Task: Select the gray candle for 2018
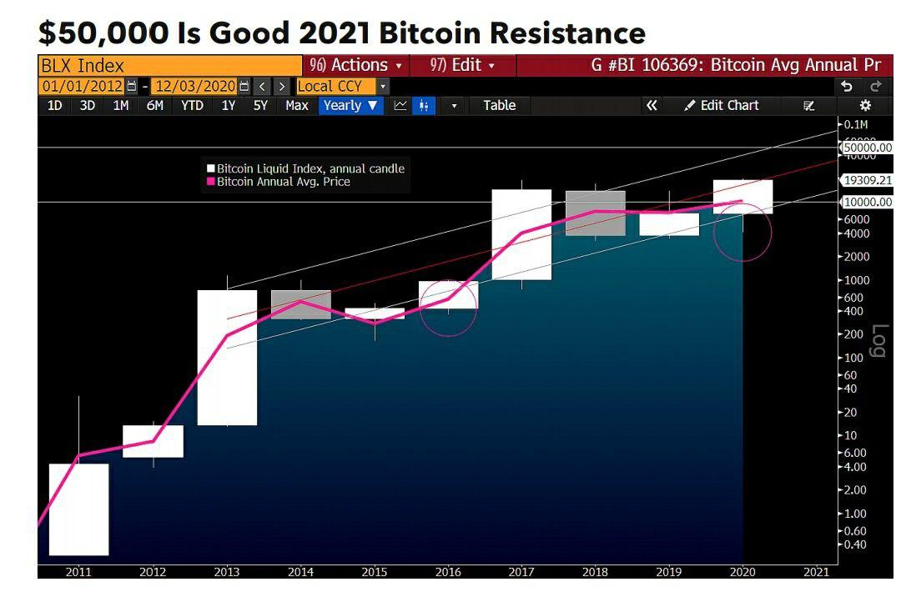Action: tap(595, 213)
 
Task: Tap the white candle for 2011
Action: tap(78, 509)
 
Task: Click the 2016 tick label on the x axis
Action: tap(447, 572)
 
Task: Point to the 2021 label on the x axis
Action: tap(815, 572)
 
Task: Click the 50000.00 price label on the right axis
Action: tap(868, 147)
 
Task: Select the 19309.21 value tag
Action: tap(868, 179)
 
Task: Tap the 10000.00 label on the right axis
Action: tap(868, 202)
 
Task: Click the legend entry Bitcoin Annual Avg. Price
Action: tap(283, 182)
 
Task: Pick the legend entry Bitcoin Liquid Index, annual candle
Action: tap(310, 168)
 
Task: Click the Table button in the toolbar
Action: tap(499, 105)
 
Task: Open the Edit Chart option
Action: tap(722, 105)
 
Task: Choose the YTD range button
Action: tap(192, 105)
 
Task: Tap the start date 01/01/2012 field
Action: tap(83, 86)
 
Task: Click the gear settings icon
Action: tap(865, 105)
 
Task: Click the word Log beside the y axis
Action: tap(877, 340)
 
